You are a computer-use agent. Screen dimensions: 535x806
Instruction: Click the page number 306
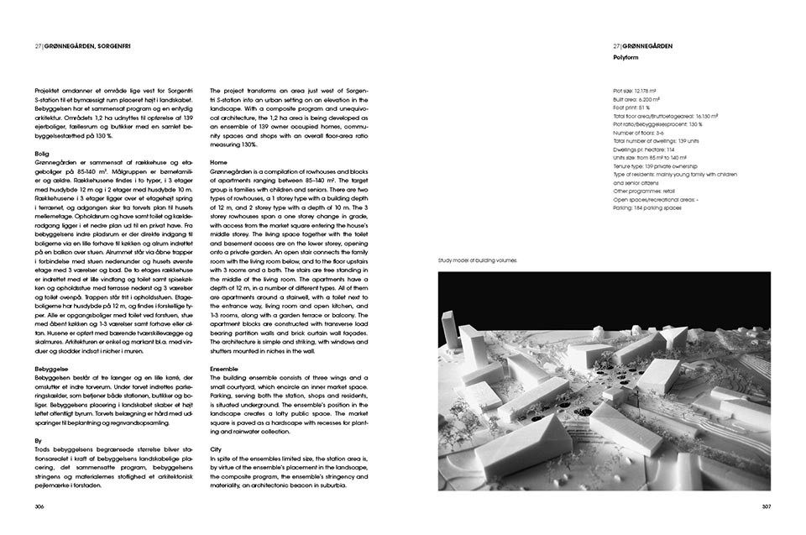pos(39,507)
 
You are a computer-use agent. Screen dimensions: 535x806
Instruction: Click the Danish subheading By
pos(38,439)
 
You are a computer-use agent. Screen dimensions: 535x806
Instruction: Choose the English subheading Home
pos(218,161)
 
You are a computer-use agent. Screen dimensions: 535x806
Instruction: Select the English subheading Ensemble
pos(224,369)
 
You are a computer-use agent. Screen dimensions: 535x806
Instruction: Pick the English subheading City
pos(217,448)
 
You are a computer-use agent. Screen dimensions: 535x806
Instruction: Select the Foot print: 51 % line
pos(634,108)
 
